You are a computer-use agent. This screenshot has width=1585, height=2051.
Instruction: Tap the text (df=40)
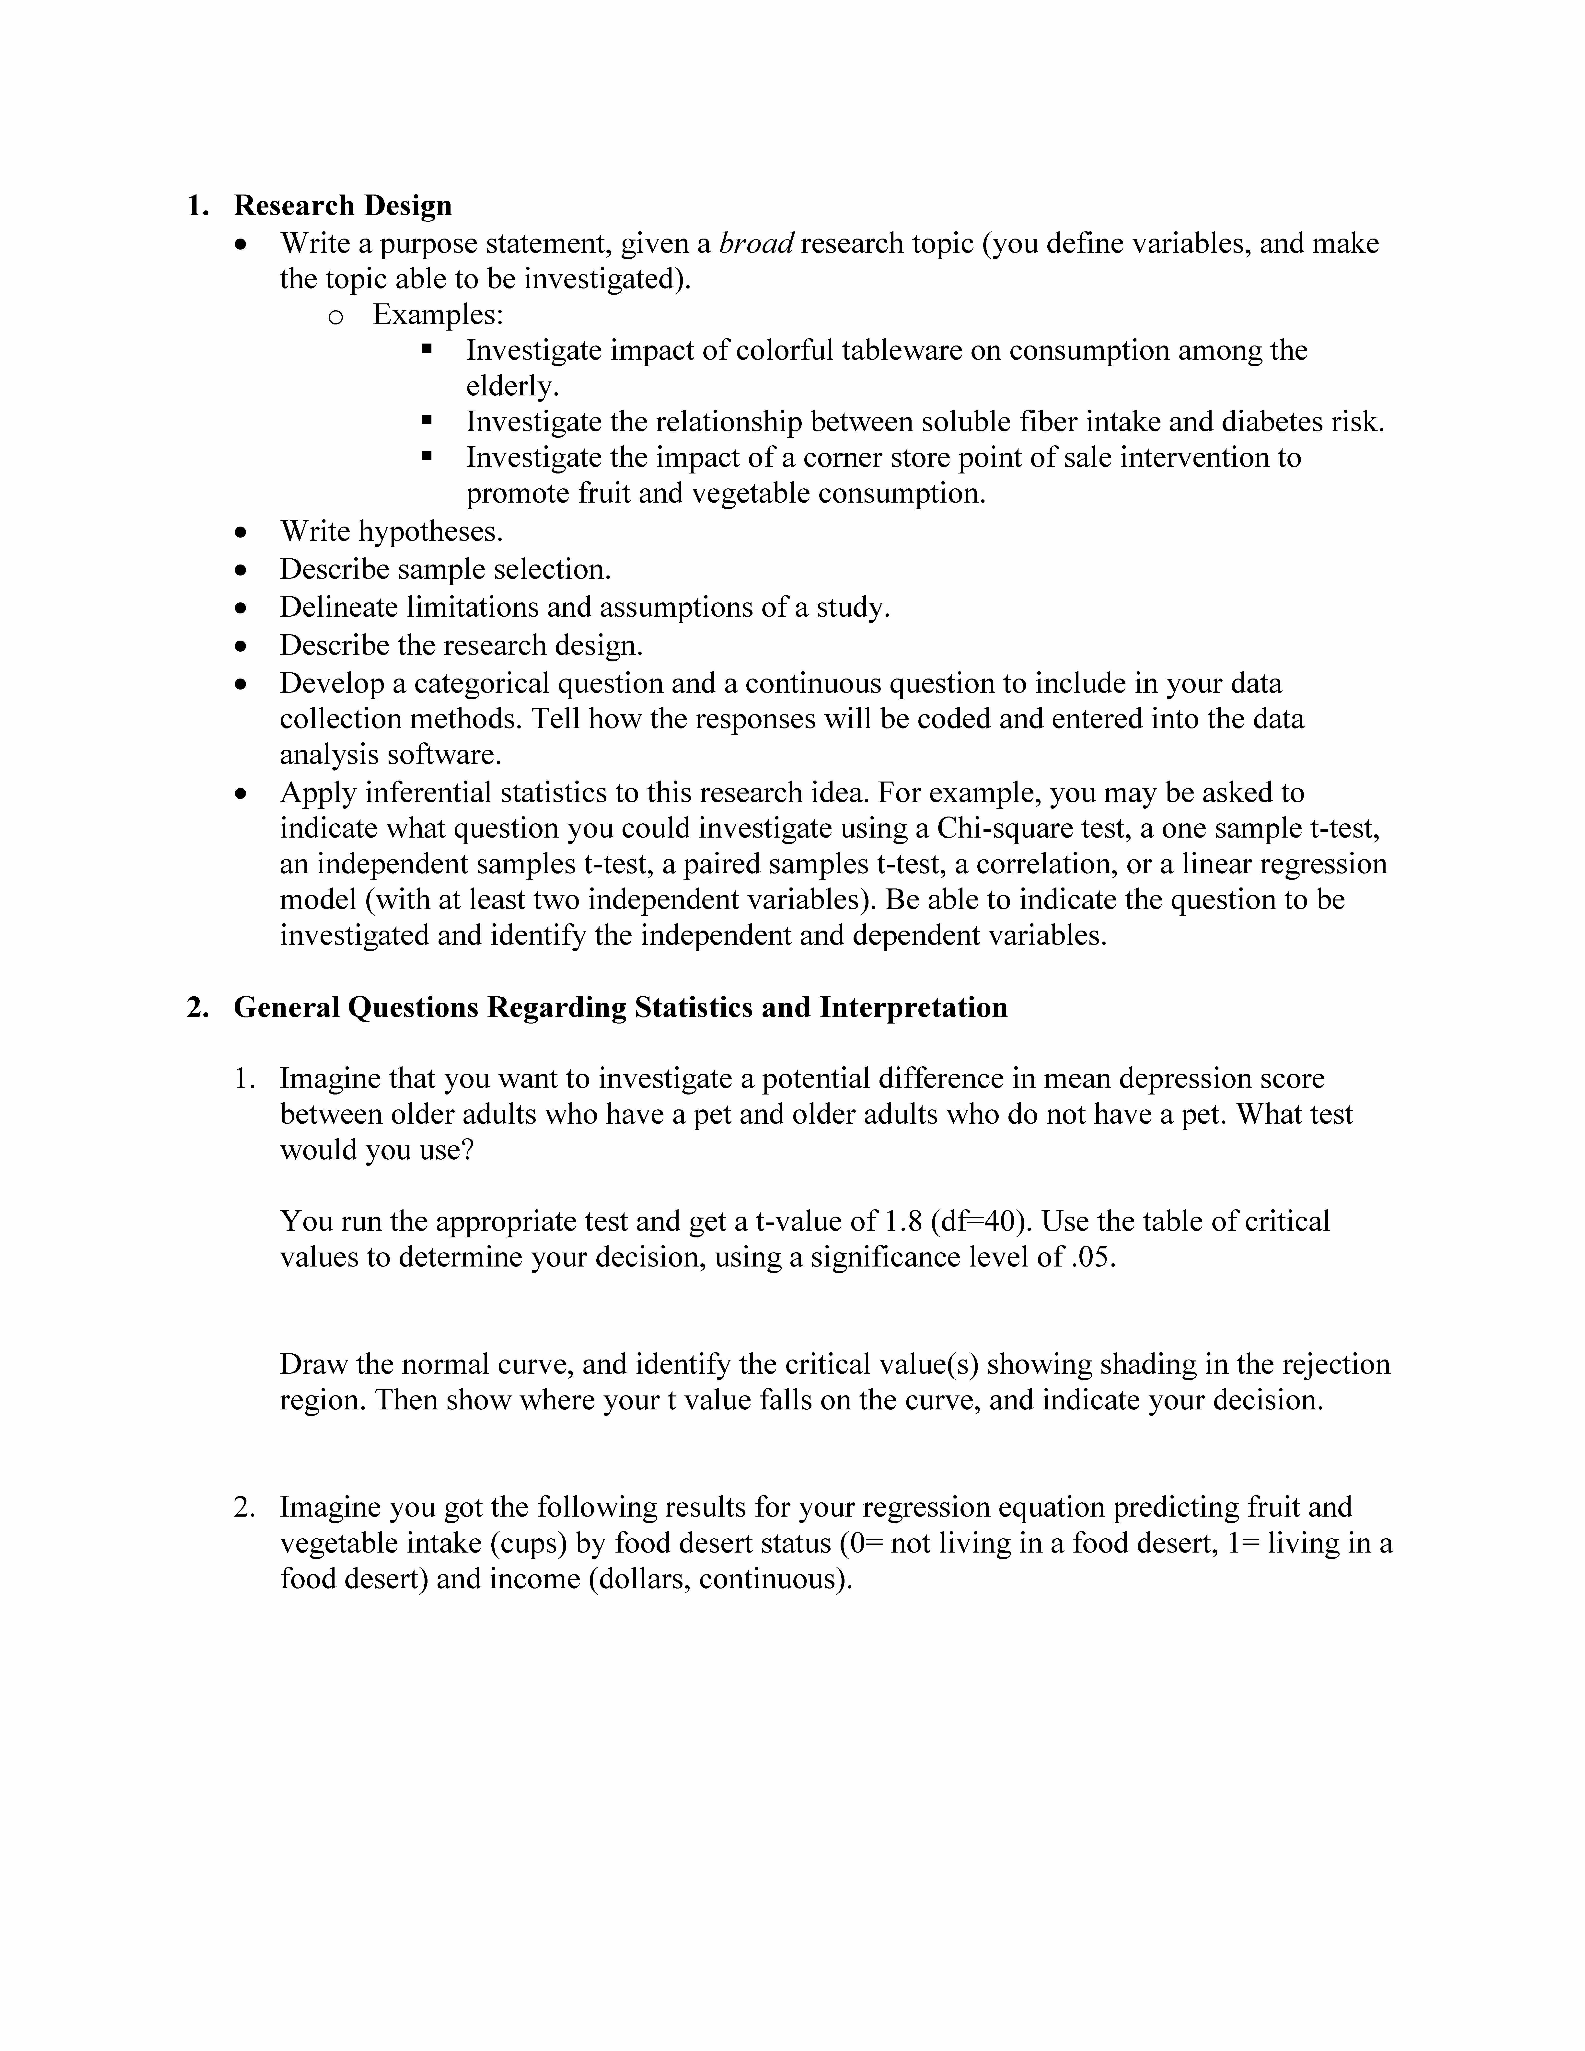coord(981,1222)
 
